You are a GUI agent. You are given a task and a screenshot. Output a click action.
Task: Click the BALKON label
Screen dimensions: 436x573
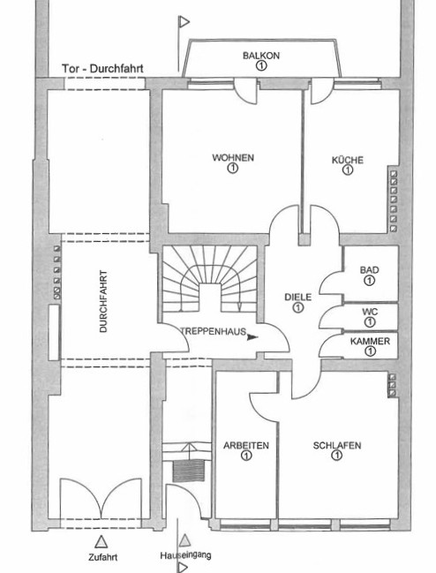(261, 56)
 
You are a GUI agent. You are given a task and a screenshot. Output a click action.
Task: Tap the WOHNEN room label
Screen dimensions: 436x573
(233, 158)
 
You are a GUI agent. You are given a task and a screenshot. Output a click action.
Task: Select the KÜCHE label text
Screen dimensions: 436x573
(348, 160)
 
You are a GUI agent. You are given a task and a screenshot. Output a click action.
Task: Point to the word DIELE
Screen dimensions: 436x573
(298, 298)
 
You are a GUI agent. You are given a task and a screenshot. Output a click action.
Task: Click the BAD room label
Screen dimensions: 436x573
(370, 270)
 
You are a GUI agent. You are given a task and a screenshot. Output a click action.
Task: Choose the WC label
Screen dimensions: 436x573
(370, 312)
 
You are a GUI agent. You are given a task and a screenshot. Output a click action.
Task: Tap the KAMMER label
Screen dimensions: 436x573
(370, 342)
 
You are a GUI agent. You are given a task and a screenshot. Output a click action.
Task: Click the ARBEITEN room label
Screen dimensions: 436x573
(246, 446)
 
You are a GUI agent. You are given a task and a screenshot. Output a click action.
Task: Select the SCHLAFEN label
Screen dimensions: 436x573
(337, 446)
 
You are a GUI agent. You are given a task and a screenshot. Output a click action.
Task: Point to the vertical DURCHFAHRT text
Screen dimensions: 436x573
(104, 301)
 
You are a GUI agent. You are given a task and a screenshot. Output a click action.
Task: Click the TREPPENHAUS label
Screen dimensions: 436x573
(214, 331)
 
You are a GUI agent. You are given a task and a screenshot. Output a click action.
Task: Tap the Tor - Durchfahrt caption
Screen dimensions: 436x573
(102, 69)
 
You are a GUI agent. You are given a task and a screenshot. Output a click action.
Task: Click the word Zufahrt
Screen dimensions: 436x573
(102, 557)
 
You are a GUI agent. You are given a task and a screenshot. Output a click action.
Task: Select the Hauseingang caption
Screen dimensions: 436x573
(185, 555)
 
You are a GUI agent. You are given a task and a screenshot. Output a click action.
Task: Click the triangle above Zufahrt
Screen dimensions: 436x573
(101, 541)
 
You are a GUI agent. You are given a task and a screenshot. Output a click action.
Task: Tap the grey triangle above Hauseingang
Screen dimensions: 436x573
(185, 540)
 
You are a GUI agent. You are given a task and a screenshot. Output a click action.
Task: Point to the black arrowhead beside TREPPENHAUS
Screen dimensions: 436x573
(252, 337)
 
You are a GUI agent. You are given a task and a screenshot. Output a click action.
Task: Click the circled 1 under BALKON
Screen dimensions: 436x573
(261, 66)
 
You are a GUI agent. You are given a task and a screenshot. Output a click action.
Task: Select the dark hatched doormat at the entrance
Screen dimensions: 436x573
(188, 471)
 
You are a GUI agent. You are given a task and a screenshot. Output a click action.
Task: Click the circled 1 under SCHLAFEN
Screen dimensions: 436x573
(336, 456)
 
